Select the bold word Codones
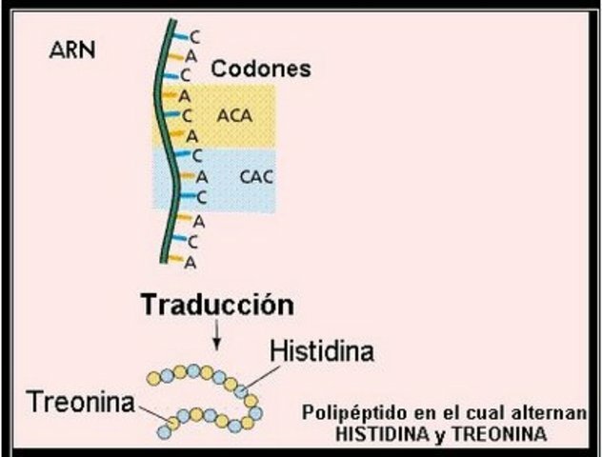click(260, 70)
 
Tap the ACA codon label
click(234, 115)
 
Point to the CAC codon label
click(256, 176)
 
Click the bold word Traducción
click(216, 306)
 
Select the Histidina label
click(321, 350)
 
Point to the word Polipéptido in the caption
click(348, 414)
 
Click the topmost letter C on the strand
click(195, 36)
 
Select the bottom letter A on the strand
click(191, 261)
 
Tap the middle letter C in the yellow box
click(189, 115)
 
